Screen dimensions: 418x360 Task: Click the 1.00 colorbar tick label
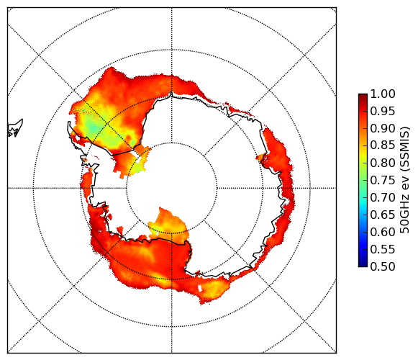[x=383, y=94]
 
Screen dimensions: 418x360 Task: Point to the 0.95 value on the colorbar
[x=383, y=112]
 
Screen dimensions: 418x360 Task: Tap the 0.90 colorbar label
[x=383, y=129]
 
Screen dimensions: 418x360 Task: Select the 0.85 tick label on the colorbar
[x=383, y=145]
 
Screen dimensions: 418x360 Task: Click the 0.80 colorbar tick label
[x=383, y=163]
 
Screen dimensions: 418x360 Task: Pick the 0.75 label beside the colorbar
[x=383, y=181]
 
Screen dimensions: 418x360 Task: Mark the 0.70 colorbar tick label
[x=383, y=198]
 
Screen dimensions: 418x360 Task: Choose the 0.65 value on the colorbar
[x=383, y=215]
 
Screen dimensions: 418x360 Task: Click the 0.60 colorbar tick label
[x=383, y=232]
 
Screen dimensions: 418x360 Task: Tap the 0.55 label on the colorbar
[x=383, y=249]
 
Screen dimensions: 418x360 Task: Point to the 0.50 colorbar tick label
[x=383, y=266]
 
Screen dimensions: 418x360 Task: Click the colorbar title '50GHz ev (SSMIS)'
[x=405, y=180]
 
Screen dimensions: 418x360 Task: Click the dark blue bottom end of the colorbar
[x=363, y=265]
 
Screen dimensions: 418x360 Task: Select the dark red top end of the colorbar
[x=363, y=95]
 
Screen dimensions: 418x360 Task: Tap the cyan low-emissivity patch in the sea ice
[x=94, y=129]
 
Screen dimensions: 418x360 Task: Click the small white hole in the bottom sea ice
[x=200, y=289]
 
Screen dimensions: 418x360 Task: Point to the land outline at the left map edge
[x=15, y=128]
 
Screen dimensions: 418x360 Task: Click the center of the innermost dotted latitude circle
[x=172, y=188]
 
